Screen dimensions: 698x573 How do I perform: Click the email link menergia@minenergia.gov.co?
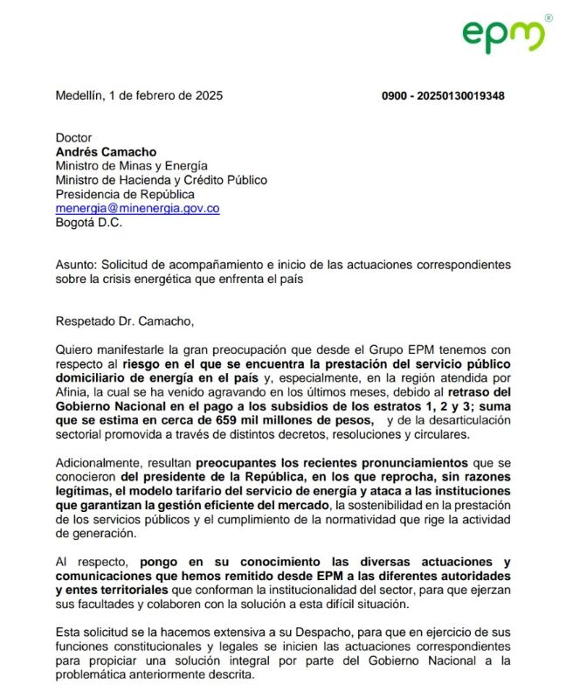coord(137,209)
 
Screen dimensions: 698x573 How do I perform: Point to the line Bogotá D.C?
coord(89,223)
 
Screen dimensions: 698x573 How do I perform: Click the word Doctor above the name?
coord(73,138)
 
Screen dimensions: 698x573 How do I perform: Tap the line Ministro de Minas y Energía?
coord(131,166)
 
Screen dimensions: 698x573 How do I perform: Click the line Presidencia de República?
coord(125,195)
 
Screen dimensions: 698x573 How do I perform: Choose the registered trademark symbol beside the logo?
coord(548,17)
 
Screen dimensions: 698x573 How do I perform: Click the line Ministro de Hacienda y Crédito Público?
coord(162,181)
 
